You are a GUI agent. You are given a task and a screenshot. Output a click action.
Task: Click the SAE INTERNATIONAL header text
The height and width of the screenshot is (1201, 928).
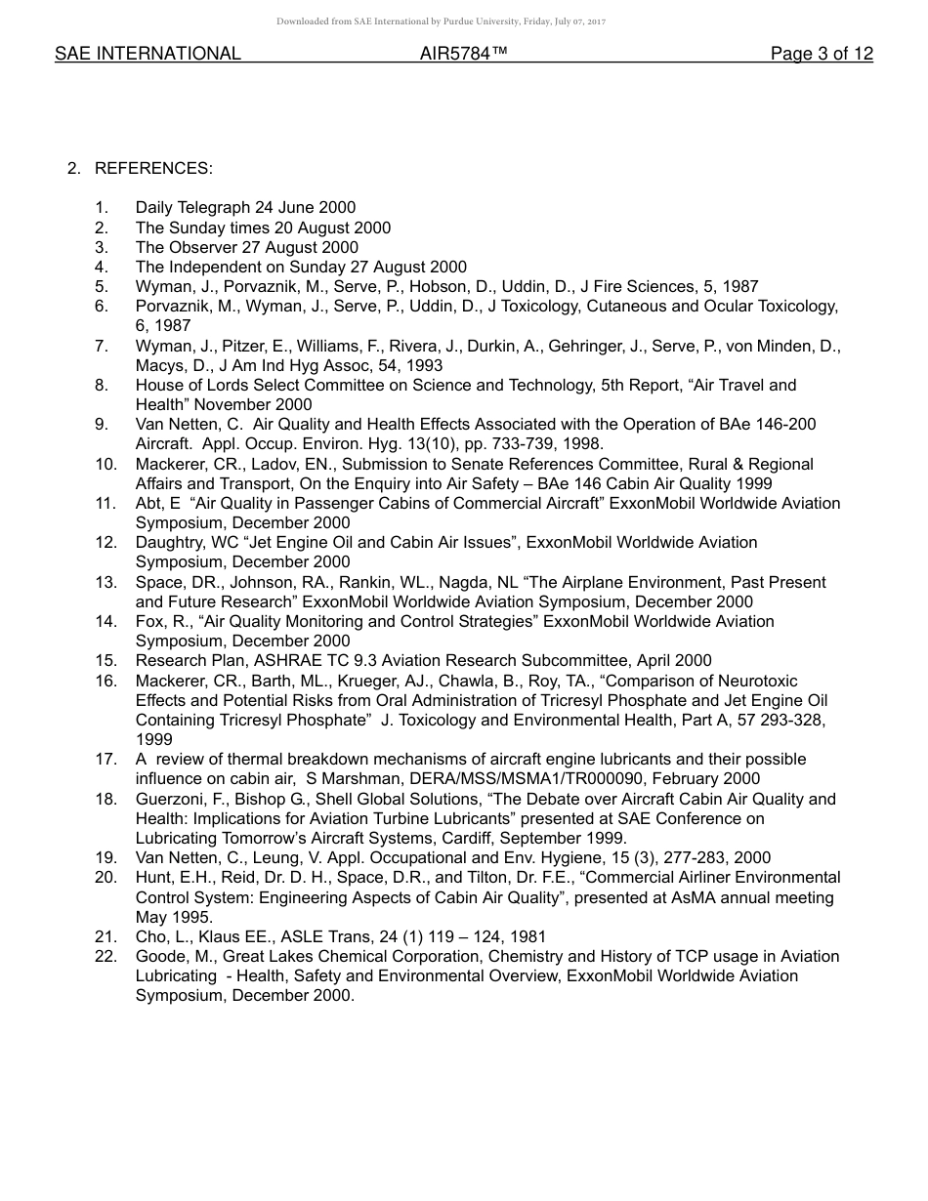(x=148, y=55)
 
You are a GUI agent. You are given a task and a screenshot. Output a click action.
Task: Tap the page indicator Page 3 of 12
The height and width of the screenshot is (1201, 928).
(x=822, y=55)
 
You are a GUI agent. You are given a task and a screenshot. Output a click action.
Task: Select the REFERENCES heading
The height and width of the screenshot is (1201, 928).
(x=153, y=169)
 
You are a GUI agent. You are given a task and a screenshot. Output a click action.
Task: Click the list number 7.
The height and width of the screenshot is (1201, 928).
(x=102, y=347)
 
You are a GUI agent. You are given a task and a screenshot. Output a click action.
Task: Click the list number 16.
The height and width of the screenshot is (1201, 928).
(x=105, y=681)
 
